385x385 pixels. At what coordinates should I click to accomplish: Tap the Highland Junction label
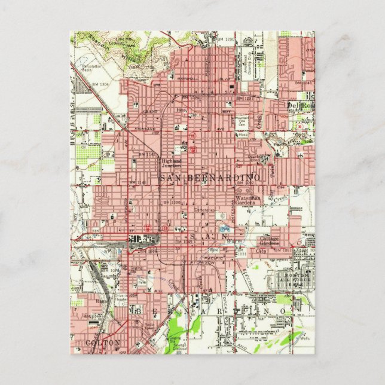(x=171, y=163)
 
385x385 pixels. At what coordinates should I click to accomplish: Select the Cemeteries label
(x=205, y=210)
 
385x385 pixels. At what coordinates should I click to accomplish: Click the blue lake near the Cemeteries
(x=225, y=228)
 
